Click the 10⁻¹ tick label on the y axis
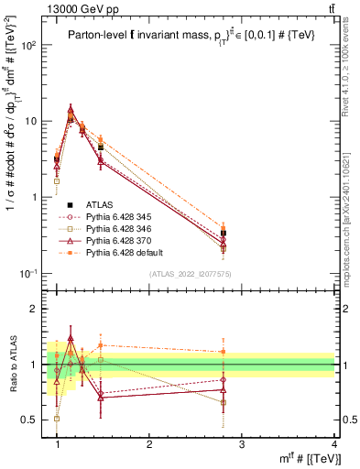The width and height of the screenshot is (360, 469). (32, 273)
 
